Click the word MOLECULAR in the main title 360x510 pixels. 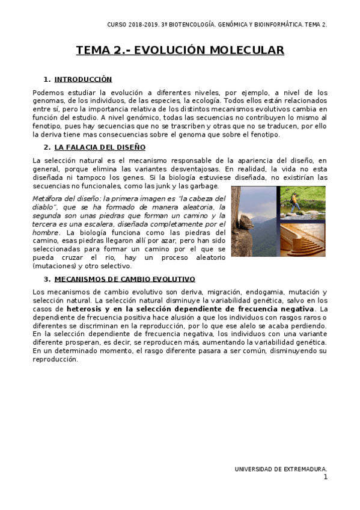(x=246, y=51)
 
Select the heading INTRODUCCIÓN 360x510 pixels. (x=83, y=79)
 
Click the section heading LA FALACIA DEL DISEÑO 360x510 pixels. (x=99, y=147)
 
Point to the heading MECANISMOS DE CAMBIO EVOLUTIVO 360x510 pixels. (x=124, y=279)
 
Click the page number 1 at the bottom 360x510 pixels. (x=325, y=477)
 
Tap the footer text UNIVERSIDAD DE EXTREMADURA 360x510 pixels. (x=281, y=469)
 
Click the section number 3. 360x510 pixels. (x=46, y=279)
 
